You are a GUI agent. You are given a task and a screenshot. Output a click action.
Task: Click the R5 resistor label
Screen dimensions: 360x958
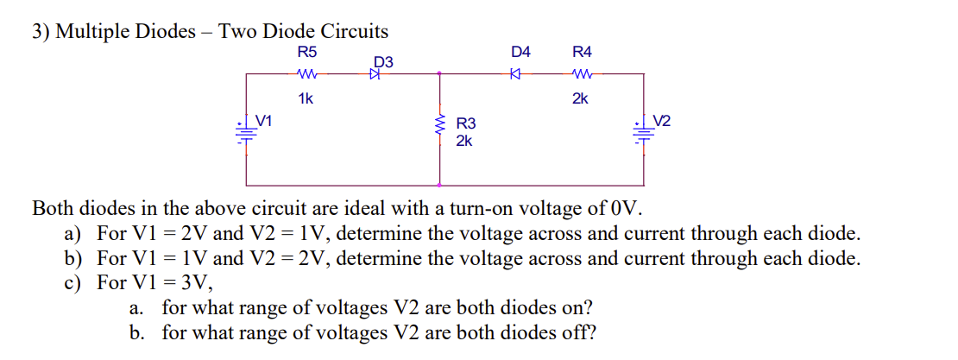coord(305,53)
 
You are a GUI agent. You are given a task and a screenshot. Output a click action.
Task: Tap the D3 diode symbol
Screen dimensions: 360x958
coord(375,75)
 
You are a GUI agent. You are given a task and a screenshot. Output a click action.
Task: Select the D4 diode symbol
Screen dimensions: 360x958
coord(514,75)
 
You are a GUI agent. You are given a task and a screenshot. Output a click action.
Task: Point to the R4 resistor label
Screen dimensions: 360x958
coord(581,53)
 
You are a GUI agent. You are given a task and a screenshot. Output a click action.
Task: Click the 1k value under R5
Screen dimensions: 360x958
coord(305,98)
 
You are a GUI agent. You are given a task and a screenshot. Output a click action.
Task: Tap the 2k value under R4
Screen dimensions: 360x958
coord(581,98)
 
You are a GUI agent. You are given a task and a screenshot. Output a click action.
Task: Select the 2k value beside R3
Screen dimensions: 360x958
coord(463,141)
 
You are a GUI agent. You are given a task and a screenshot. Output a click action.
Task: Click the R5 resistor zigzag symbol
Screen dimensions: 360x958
coord(306,74)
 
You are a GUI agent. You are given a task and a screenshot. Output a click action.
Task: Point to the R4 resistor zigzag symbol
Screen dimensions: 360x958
coord(581,74)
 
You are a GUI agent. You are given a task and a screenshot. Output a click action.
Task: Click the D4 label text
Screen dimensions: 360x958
coord(520,53)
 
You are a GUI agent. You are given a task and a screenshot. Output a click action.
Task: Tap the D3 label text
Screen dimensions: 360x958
coord(383,62)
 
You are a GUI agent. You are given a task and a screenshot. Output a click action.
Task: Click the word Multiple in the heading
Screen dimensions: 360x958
coord(99,32)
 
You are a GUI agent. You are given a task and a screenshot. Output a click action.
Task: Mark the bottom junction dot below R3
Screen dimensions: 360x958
coord(441,186)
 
